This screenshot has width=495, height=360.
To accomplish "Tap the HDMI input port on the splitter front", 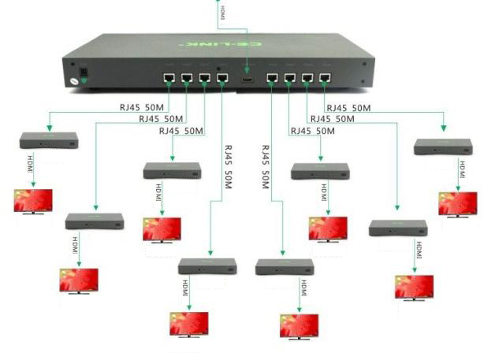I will (247, 79).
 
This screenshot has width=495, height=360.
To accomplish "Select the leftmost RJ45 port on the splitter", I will (168, 78).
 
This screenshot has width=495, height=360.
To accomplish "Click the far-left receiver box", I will (49, 141).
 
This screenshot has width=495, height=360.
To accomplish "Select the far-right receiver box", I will (443, 147).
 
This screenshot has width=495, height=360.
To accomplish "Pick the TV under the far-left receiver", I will (33, 201).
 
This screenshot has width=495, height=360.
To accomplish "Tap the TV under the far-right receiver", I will (457, 204).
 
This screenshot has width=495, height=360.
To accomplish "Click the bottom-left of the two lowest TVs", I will (189, 324).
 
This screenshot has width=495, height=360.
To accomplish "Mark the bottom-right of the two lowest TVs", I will (299, 326).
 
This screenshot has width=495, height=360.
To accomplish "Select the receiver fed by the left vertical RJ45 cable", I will (207, 266).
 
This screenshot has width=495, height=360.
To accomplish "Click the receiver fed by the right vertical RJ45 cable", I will (284, 267).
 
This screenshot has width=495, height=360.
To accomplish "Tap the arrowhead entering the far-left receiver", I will (49, 129).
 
